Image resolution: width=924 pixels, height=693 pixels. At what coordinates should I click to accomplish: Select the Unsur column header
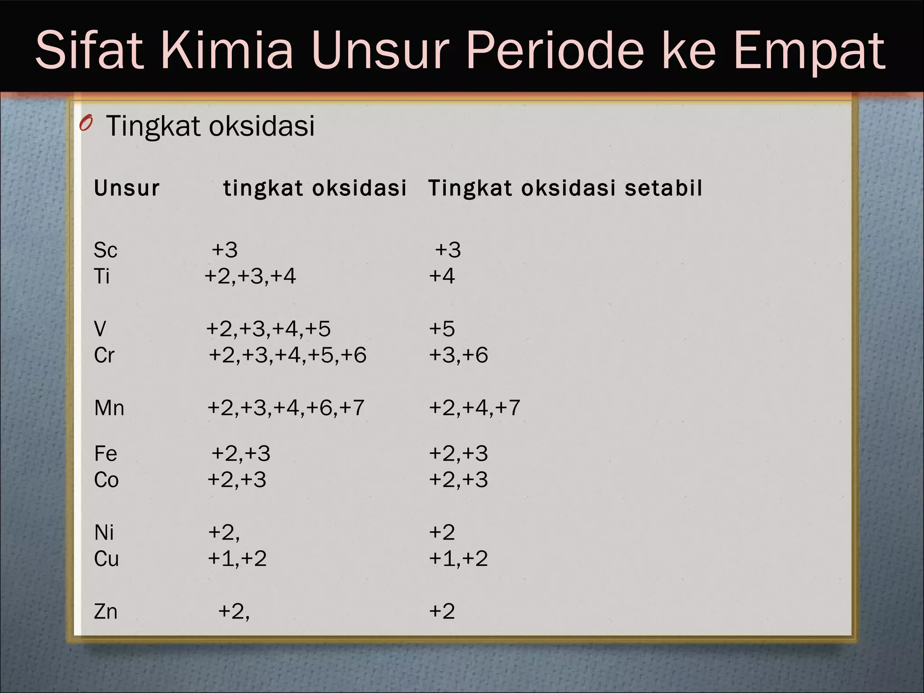(x=127, y=188)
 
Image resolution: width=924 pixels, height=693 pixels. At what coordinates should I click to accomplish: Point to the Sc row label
(x=106, y=250)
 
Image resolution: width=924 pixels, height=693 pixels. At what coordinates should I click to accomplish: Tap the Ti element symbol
(x=102, y=276)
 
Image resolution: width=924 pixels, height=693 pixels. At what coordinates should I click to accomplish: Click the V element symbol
(x=100, y=329)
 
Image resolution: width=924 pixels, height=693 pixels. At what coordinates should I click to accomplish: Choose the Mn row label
(x=109, y=408)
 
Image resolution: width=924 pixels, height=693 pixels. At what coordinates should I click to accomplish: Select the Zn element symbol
(x=106, y=612)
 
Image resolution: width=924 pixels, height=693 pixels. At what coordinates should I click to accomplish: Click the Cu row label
(x=106, y=559)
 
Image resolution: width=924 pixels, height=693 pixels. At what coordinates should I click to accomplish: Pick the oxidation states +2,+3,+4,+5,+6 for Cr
(x=287, y=355)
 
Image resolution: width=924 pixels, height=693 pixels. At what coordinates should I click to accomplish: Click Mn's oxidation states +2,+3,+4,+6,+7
(x=286, y=408)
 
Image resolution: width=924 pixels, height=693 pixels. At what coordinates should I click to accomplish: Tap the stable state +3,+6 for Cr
(x=458, y=355)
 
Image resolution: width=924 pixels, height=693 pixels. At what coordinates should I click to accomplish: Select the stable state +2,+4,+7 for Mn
(x=475, y=408)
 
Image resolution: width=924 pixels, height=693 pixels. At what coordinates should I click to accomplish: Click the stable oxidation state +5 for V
(x=442, y=329)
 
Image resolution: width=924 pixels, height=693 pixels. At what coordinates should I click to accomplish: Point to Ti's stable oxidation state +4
(x=442, y=276)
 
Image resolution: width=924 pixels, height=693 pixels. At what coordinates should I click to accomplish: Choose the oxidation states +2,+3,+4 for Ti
(x=250, y=276)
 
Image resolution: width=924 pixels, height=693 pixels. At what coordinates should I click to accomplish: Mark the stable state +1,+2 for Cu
(x=458, y=559)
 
